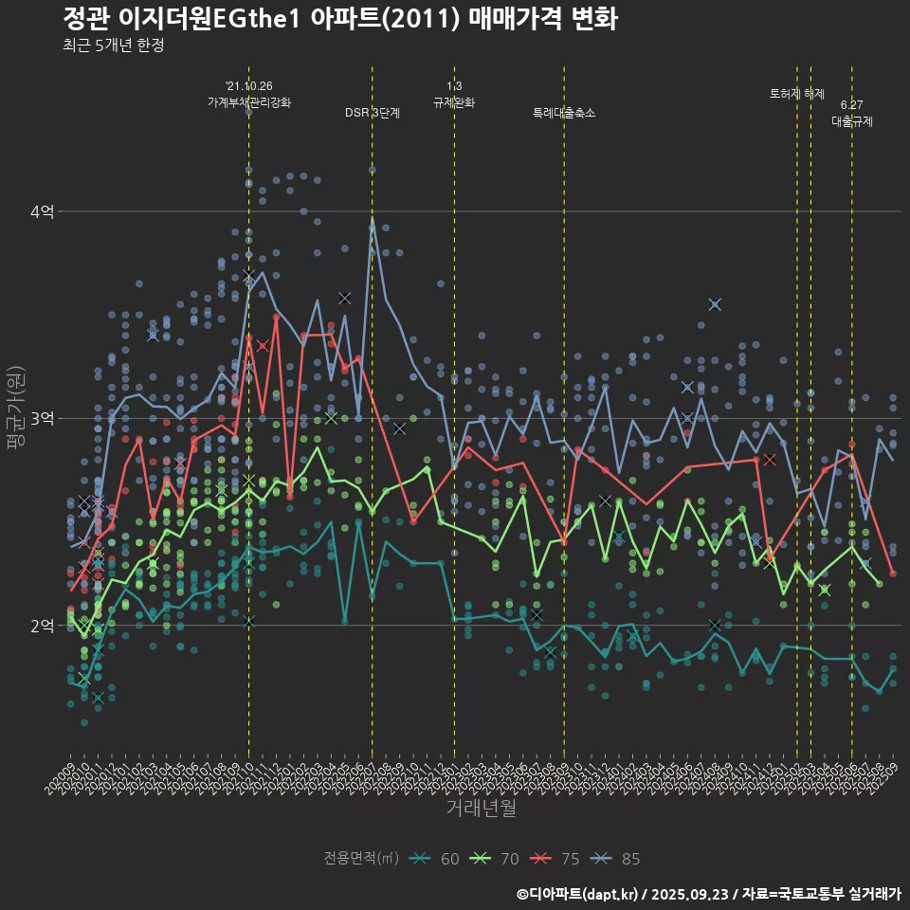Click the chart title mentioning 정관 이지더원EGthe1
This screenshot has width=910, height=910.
tap(340, 18)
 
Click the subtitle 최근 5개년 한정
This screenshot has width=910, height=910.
tap(113, 45)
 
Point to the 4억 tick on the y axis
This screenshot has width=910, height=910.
tap(42, 211)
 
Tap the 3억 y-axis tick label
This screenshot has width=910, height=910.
tap(42, 418)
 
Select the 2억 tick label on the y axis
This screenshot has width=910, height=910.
tap(42, 626)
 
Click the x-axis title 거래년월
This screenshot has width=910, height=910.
tap(482, 809)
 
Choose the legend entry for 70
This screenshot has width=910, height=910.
tap(494, 859)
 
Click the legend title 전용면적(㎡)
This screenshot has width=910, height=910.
tap(360, 859)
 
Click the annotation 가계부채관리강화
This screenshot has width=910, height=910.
tap(249, 102)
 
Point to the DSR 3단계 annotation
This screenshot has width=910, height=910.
tap(373, 113)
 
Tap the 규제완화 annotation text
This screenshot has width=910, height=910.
tap(454, 102)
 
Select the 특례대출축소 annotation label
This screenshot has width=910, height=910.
tap(564, 113)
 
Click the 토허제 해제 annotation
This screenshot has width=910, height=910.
tap(797, 94)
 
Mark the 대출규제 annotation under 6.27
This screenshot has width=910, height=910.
tap(852, 121)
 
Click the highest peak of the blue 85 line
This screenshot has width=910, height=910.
tap(373, 218)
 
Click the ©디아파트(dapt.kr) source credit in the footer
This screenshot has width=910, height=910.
tap(578, 893)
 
